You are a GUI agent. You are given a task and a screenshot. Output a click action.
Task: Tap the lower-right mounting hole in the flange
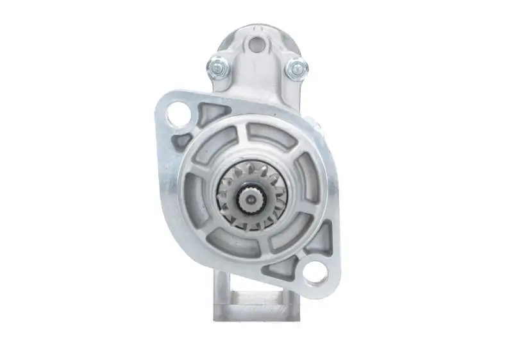click(314, 274)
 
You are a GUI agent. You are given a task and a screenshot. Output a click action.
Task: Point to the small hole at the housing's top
click(256, 45)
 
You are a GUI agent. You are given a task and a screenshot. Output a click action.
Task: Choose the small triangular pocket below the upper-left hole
click(183, 140)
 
